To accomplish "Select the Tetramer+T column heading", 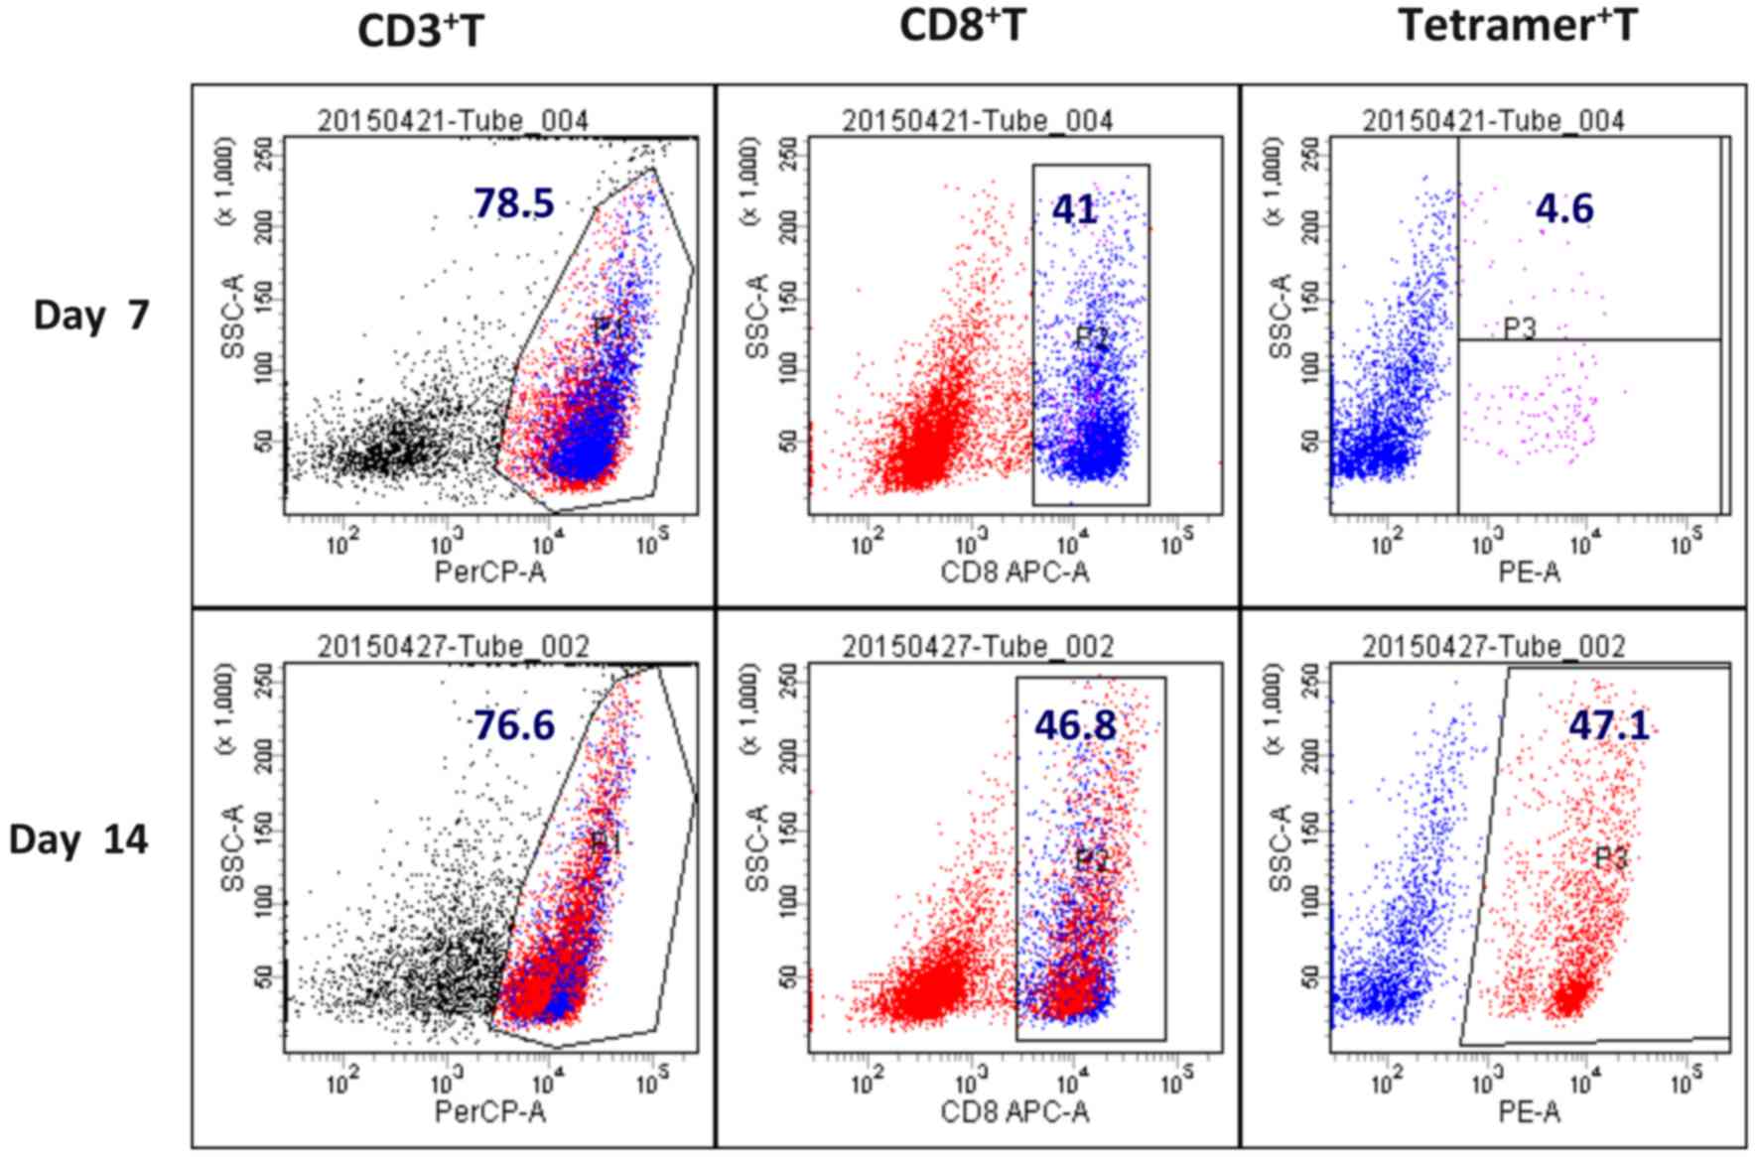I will click(x=1518, y=25).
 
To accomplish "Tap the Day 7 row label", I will click(x=91, y=316).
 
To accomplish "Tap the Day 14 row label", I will click(x=78, y=840).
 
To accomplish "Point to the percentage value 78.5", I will click(x=513, y=203).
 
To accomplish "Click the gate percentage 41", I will click(x=1075, y=209).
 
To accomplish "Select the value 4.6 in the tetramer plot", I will click(x=1563, y=209).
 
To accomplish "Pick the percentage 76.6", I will click(x=513, y=726).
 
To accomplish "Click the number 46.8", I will click(x=1076, y=726).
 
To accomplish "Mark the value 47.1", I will click(x=1609, y=726).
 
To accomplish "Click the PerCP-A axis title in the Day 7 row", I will click(x=490, y=573).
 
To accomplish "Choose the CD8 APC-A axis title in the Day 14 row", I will click(x=1015, y=1111).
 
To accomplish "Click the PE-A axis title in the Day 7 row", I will click(x=1529, y=573).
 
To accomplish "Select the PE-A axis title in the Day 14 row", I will click(x=1529, y=1111).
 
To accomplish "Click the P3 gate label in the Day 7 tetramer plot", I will click(x=1519, y=327).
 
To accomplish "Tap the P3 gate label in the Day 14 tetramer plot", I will click(x=1610, y=858).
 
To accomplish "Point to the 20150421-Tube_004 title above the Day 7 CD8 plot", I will click(x=978, y=121).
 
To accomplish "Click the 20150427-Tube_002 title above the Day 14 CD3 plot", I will click(x=454, y=647).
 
